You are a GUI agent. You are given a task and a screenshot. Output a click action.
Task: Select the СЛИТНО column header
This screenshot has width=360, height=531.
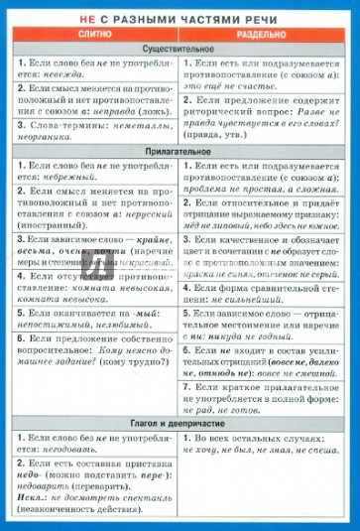(95, 33)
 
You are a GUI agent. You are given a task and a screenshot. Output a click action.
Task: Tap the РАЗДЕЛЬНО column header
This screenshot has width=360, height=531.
(266, 33)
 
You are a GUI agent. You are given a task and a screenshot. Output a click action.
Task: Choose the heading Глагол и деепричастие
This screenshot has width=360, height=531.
(180, 423)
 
